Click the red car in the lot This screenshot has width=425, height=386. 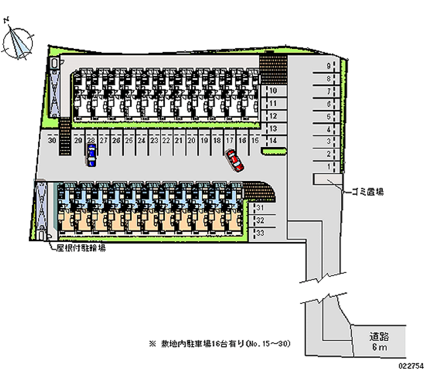(x=235, y=161)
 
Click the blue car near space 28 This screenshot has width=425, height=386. (x=92, y=156)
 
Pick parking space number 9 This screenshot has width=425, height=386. (x=329, y=66)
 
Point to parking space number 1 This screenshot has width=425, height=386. (x=329, y=167)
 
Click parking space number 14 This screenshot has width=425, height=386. (x=273, y=141)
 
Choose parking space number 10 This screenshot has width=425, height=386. (x=273, y=91)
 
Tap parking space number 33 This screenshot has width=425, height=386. (x=261, y=233)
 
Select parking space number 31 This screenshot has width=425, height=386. (x=261, y=208)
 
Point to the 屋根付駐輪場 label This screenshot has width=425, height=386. (x=81, y=248)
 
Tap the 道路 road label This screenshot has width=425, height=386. (x=379, y=336)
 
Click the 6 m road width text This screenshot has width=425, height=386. (x=379, y=347)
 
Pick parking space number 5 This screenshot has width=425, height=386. (x=329, y=116)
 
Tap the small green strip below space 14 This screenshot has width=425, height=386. (x=274, y=151)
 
